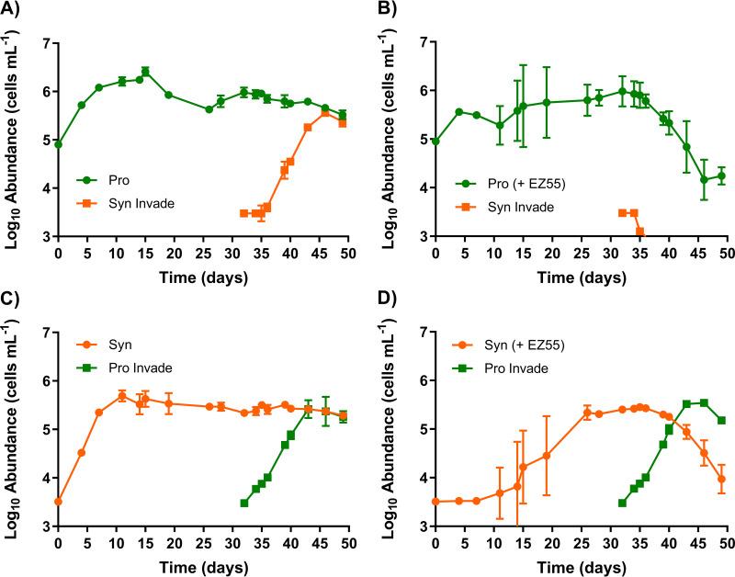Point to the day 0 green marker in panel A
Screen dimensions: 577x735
click(59, 144)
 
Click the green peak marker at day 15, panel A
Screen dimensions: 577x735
click(145, 71)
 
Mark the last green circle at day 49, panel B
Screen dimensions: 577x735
click(721, 175)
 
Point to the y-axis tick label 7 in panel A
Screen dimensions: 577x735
click(42, 42)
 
